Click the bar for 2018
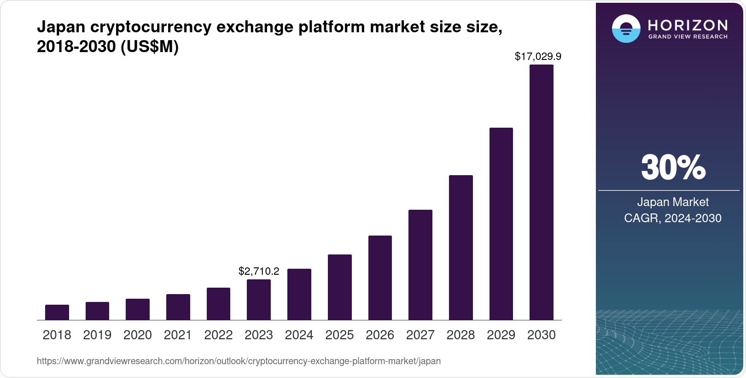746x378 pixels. pos(57,312)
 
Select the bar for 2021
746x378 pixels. pos(178,307)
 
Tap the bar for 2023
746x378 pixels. pos(259,300)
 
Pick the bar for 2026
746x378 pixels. pos(380,278)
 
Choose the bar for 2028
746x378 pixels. pos(460,248)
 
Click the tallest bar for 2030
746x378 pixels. pos(542,192)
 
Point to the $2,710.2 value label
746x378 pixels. pos(259,271)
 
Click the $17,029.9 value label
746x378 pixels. pos(538,57)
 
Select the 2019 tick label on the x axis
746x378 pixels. pos(97,335)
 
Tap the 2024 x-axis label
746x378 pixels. pos(299,335)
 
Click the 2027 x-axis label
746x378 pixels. pos(420,335)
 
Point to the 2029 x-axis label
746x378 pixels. pos(501,335)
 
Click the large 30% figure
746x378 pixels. pos(673,168)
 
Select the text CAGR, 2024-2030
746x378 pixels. pos(673,218)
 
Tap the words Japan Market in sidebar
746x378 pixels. pos(673,202)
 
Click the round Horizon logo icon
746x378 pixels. pos(626,29)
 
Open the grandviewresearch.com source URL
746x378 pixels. pos(239,361)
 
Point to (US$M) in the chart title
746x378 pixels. pos(150,47)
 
